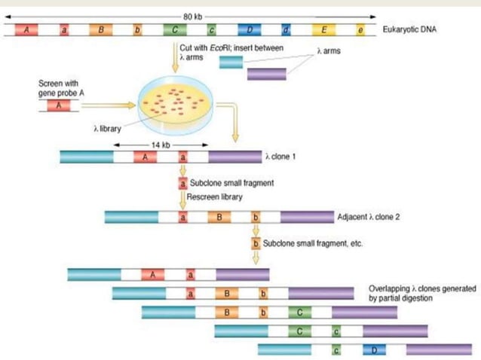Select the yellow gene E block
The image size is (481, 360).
pos(324,31)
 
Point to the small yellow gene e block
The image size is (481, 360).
pos(360,31)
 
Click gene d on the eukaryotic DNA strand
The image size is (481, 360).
pos(286,31)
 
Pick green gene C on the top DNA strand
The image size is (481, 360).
pos(175,31)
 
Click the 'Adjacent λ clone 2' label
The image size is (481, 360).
pos(369,217)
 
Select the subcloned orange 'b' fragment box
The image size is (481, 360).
pos(256,245)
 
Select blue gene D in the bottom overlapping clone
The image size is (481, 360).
pos(371,350)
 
